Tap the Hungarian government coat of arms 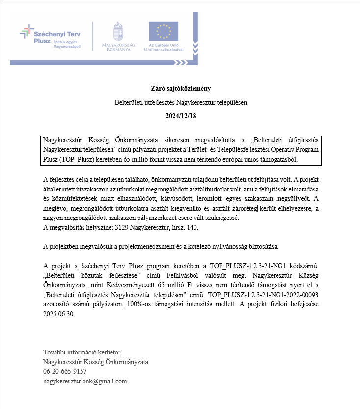[x=116, y=31]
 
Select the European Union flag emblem [x=164, y=31]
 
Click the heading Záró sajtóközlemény [x=181, y=89]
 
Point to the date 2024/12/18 [x=181, y=116]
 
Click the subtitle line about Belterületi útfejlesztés [x=181, y=103]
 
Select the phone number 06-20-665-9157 [x=68, y=372]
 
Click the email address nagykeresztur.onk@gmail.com [x=85, y=381]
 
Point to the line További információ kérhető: [x=81, y=353]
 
